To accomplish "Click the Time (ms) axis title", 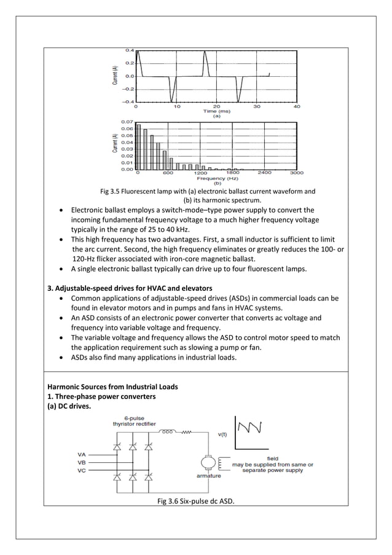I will [x=216, y=111].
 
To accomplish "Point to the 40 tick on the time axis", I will [x=297, y=106].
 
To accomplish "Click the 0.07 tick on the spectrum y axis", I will [x=127, y=122].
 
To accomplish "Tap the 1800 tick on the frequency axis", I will [x=233, y=173].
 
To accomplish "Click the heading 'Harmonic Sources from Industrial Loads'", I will [x=112, y=387].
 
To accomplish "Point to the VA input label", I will [x=81, y=455].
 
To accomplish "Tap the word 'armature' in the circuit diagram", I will [x=208, y=476].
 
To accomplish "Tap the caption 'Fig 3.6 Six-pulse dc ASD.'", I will [x=195, y=500].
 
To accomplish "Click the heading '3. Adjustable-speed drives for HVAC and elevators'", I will [x=130, y=288].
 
